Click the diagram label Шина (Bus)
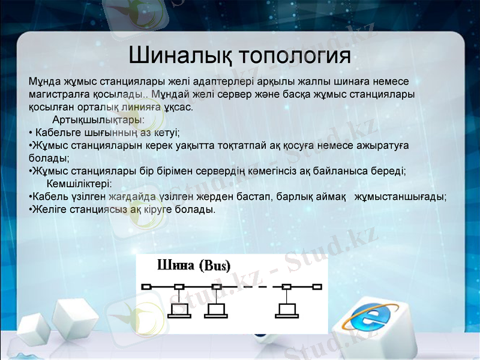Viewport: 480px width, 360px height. pos(193,265)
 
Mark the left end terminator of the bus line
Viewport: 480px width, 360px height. pos(146,287)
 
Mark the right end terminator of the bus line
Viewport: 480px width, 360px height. pos(317,287)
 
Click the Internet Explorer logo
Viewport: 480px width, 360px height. pos(367,317)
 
